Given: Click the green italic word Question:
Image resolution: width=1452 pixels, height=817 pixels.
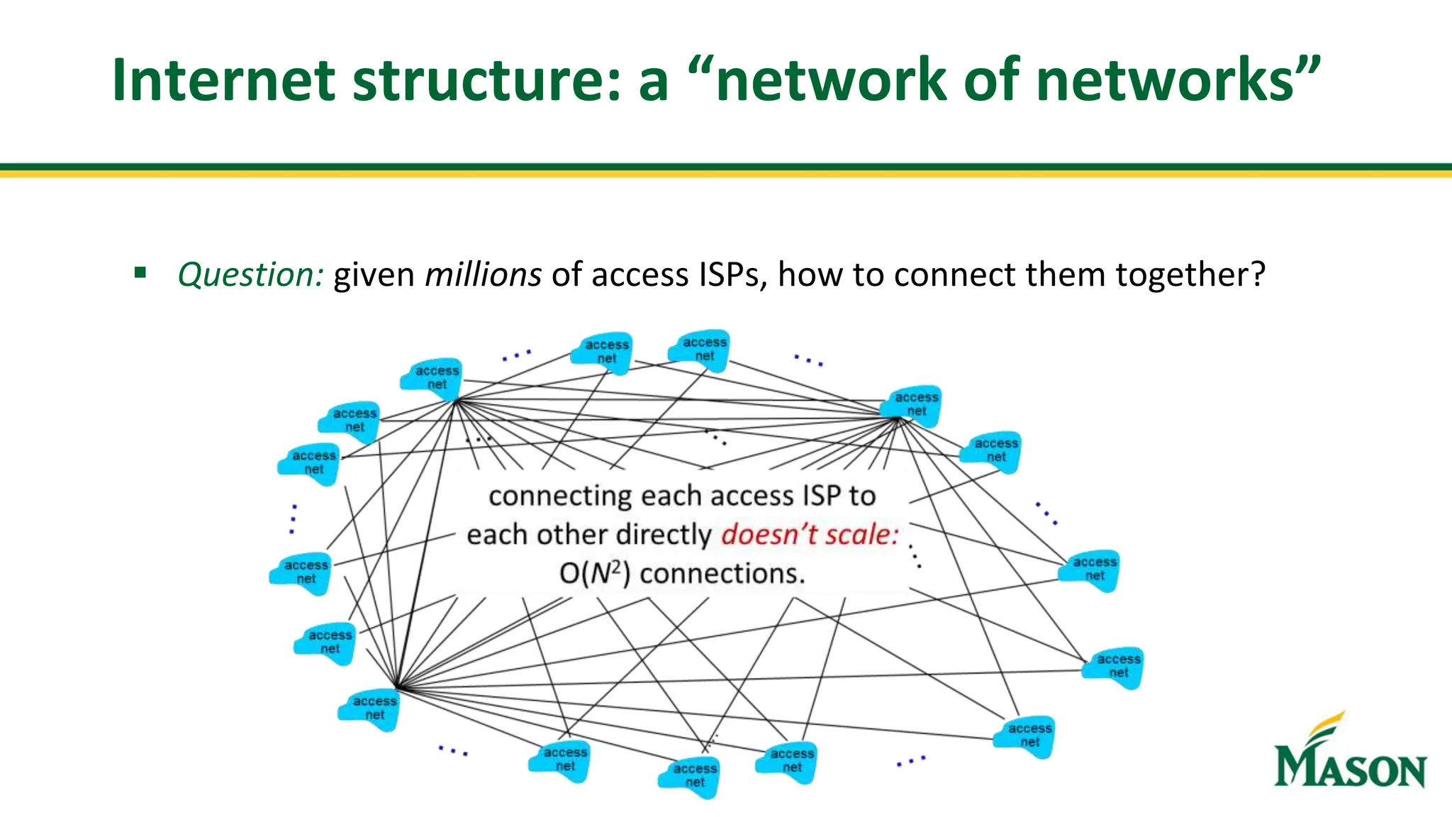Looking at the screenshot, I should click(x=251, y=274).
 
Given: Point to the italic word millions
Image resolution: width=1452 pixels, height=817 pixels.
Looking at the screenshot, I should click(x=483, y=274).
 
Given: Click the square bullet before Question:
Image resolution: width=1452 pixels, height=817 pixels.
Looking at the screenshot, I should click(x=140, y=272).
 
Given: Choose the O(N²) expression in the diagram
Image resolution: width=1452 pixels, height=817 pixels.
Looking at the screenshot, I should click(x=594, y=573).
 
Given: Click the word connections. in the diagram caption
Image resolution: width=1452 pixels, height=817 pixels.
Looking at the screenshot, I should click(x=722, y=573).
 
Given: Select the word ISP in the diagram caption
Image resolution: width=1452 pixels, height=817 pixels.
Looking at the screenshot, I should click(x=820, y=496).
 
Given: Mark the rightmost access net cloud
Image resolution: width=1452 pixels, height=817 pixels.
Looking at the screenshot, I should click(x=1113, y=667).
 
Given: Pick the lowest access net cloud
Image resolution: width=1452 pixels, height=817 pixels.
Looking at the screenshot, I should click(x=690, y=777).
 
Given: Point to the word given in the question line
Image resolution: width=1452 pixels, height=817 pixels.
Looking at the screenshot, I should click(x=374, y=274).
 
